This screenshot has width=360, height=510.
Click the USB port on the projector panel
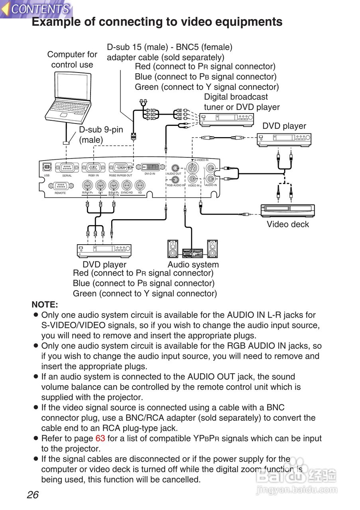[x=47, y=167]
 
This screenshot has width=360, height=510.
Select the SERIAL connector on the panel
[x=67, y=168]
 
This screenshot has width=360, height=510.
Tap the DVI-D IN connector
[x=150, y=167]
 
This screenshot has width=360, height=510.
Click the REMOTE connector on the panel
[x=60, y=186]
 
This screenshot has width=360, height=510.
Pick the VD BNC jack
[x=140, y=185]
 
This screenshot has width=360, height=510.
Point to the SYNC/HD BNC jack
[x=127, y=185]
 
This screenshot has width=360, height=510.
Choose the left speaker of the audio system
[x=173, y=249]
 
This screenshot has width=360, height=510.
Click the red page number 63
[x=100, y=439]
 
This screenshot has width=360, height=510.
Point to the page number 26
[x=33, y=495]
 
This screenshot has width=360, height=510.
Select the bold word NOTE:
[x=45, y=305]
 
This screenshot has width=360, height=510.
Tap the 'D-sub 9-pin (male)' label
[x=101, y=135]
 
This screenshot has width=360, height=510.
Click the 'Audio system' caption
[x=193, y=265]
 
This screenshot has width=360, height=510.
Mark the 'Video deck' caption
[x=288, y=224]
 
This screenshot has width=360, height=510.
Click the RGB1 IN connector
[x=93, y=168]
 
